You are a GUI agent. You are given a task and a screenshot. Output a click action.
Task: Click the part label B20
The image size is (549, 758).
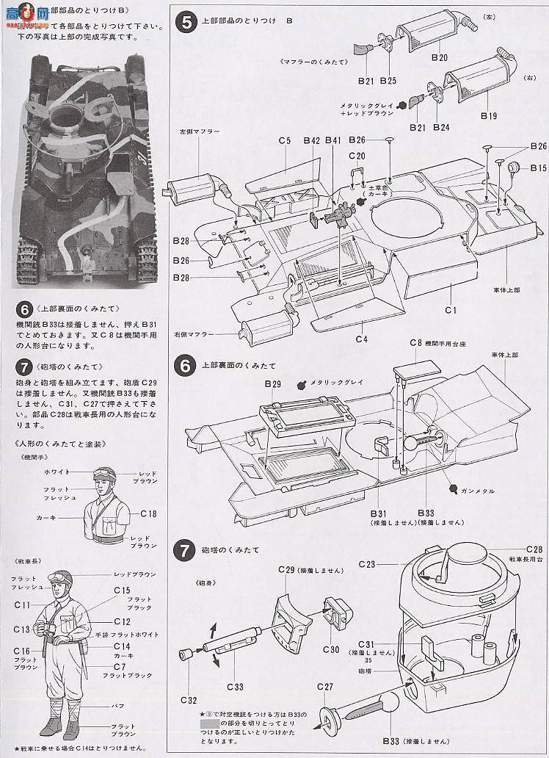point(439,57)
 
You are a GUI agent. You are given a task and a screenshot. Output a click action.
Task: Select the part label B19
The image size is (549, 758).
point(489,115)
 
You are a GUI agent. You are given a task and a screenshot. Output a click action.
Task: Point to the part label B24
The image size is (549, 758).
point(442,127)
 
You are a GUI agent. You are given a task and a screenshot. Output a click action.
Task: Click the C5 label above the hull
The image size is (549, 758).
point(285,140)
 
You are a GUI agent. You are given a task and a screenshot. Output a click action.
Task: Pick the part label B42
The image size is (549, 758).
point(312,140)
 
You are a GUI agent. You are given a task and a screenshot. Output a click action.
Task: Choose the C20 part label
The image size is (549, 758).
point(357,156)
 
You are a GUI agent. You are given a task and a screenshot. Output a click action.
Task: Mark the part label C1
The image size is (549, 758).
point(449,310)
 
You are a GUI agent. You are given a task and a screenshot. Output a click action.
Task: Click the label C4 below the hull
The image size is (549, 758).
point(360,339)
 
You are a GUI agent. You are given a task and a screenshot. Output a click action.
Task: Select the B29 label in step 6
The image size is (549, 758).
point(273,383)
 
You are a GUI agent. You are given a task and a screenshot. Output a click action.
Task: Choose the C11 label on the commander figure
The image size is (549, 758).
point(22,605)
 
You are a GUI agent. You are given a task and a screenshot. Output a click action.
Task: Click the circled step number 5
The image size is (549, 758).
point(187,23)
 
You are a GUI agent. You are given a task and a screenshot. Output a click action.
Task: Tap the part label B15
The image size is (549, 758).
point(538,167)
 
